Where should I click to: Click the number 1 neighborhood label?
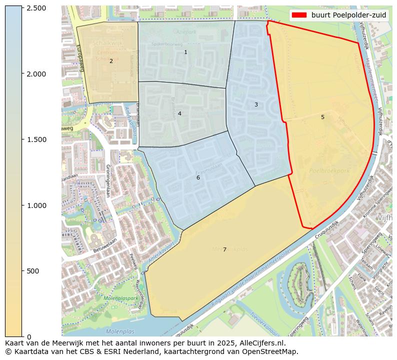(185, 52)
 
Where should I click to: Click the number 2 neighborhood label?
(111, 61)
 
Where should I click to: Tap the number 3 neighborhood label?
(256, 104)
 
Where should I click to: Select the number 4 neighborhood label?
(179, 113)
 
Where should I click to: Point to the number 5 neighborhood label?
(322, 117)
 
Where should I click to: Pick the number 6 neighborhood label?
(198, 177)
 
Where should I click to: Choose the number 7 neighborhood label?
(224, 249)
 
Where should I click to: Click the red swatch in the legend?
(299, 15)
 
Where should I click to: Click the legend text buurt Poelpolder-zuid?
(348, 15)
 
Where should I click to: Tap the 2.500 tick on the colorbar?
(36, 8)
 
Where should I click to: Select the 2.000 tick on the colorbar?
(36, 74)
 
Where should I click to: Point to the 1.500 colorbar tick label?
(36, 139)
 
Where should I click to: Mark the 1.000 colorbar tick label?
(36, 205)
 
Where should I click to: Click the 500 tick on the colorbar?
(33, 271)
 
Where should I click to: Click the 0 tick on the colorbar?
(28, 336)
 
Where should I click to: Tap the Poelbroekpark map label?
(329, 170)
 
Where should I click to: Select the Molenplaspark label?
(120, 298)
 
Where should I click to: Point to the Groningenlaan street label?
(107, 180)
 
